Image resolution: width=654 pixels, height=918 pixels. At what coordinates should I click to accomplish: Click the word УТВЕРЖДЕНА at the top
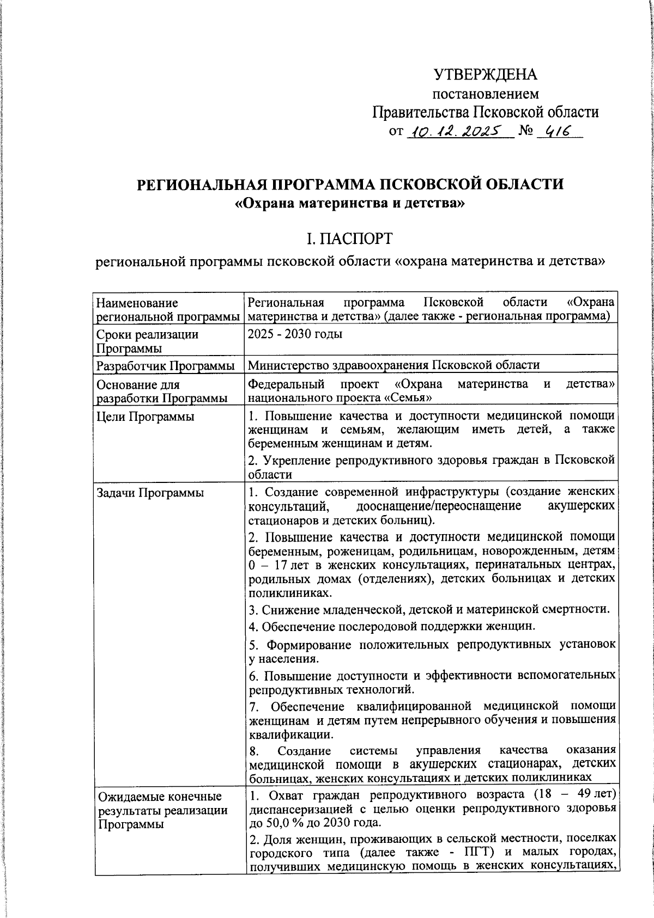[485, 75]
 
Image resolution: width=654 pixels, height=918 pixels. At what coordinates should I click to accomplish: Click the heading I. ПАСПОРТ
[349, 238]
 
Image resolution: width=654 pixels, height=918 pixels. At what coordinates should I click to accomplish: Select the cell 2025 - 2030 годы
[295, 334]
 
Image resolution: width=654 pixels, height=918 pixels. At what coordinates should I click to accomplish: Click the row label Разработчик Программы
[166, 365]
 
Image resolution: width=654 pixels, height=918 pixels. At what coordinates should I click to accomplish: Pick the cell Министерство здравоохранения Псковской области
[393, 365]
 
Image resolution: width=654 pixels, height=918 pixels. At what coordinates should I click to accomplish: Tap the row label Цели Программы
[145, 417]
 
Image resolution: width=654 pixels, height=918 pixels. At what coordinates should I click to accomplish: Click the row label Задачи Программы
[150, 493]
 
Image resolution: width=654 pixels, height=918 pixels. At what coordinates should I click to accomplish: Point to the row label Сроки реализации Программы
[147, 341]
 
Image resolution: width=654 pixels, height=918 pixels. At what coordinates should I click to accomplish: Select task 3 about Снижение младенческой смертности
[429, 609]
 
